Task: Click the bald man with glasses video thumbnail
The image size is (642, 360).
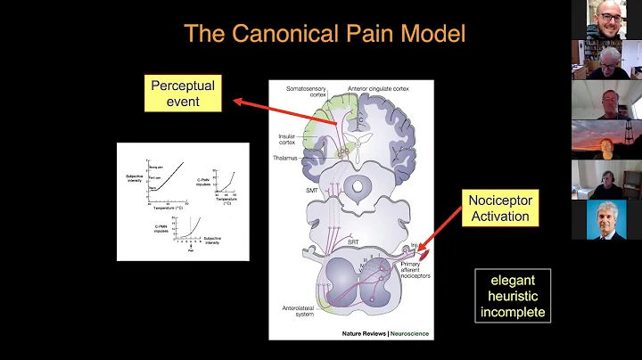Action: coord(606,20)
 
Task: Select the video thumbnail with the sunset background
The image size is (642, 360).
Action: coord(606,140)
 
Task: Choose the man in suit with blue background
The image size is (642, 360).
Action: coord(606,220)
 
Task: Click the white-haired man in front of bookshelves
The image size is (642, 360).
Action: coord(606,60)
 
